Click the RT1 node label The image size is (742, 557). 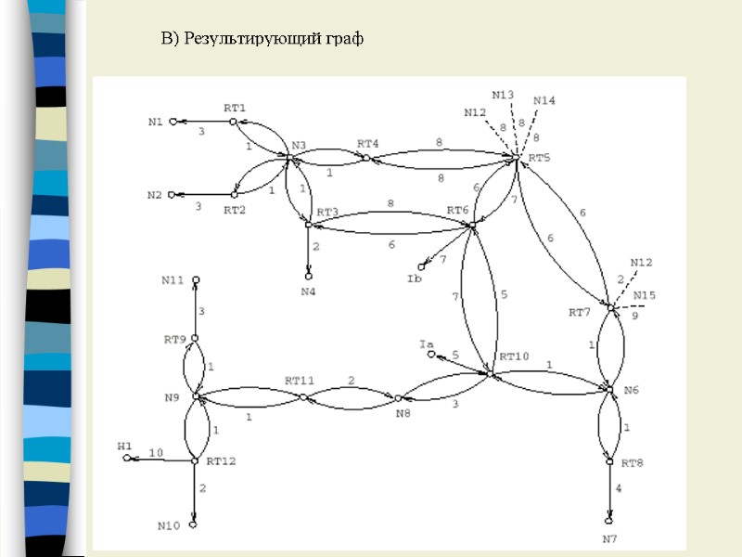(x=235, y=108)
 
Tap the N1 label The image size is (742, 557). (x=155, y=122)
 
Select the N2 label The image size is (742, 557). (x=155, y=195)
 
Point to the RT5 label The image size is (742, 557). (x=539, y=157)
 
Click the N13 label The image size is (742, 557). (x=504, y=95)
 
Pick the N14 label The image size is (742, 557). (x=544, y=100)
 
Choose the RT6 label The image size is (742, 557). (x=458, y=211)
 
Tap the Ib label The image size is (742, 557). (x=414, y=278)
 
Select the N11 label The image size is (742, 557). (x=173, y=279)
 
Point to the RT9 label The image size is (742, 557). (x=175, y=339)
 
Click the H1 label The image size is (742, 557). (x=125, y=447)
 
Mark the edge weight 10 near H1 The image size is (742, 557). (x=156, y=452)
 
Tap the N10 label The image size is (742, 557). (x=168, y=526)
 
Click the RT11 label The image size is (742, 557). (x=300, y=381)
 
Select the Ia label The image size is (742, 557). (x=427, y=344)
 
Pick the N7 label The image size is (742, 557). (x=609, y=538)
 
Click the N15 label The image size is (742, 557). (x=645, y=296)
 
